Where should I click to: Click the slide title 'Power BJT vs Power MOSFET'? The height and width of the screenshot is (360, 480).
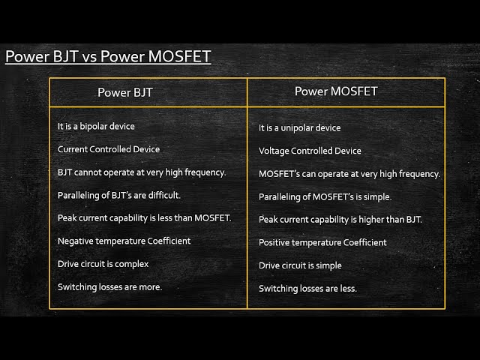click(x=108, y=57)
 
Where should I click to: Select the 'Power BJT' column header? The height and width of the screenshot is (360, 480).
click(x=125, y=93)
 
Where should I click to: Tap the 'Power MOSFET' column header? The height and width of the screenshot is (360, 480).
click(x=335, y=91)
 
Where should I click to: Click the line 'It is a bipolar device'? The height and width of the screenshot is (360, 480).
click(x=96, y=127)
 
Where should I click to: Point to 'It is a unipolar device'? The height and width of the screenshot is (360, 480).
click(x=299, y=128)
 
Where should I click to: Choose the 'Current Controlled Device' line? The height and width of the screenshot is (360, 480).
click(x=109, y=149)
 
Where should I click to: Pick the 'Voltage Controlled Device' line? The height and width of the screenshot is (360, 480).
click(x=310, y=151)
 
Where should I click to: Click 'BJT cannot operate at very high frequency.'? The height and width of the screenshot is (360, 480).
click(x=142, y=172)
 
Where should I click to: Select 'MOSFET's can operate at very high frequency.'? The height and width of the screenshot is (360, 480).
click(x=349, y=174)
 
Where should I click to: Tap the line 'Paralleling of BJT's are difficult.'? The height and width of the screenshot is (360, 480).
click(x=119, y=195)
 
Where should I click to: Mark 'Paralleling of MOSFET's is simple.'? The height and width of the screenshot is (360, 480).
click(x=325, y=196)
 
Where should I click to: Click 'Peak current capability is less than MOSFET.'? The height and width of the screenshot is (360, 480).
click(x=145, y=218)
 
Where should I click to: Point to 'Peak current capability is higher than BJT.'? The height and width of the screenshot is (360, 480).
click(x=340, y=220)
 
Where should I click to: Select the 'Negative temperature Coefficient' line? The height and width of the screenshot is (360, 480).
click(x=124, y=241)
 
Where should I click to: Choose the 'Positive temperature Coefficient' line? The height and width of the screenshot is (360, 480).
click(x=322, y=242)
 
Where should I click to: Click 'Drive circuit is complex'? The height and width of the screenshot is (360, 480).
click(x=103, y=264)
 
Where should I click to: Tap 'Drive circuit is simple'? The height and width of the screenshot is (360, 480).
click(x=300, y=265)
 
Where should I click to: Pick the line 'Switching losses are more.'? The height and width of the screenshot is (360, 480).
click(x=109, y=286)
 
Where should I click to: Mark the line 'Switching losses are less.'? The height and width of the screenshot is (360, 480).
click(x=307, y=288)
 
